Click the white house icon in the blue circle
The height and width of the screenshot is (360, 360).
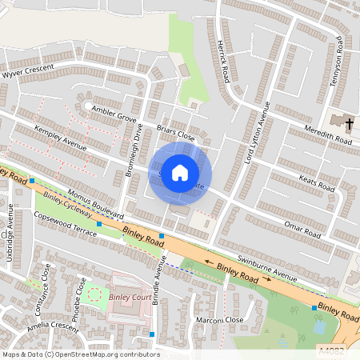(x=180, y=173)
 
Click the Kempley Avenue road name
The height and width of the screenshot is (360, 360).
(x=60, y=137)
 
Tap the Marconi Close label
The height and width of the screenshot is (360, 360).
(x=222, y=319)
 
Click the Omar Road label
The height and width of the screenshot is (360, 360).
(x=302, y=229)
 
